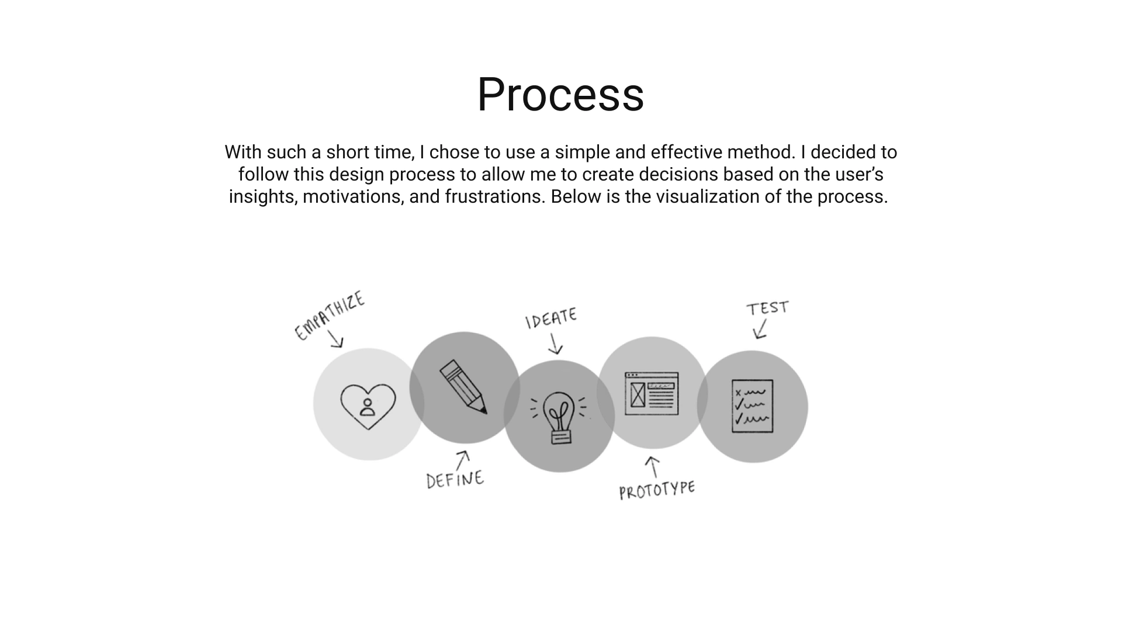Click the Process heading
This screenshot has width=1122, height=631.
560,95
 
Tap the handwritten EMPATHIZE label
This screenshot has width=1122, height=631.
330,315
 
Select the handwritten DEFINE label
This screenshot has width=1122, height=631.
455,479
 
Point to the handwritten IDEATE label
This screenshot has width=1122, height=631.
551,318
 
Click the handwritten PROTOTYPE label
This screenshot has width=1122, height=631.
657,490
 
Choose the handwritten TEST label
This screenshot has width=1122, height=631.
767,308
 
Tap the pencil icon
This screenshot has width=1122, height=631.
463,387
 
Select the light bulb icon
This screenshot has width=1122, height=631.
559,417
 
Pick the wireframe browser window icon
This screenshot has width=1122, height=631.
652,393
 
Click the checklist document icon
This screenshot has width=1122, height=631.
753,406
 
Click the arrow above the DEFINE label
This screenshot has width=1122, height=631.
462,459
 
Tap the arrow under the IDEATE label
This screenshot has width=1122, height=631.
555,344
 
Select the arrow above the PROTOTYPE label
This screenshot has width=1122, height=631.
653,467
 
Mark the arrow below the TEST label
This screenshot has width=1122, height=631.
760,329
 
